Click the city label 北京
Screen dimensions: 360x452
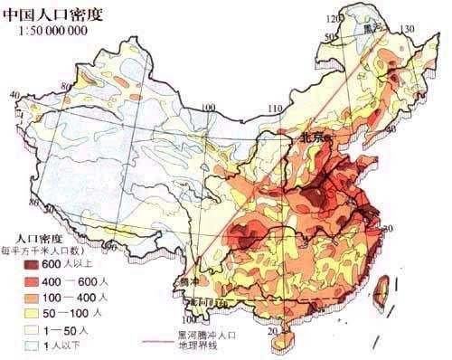pyautogui.click(x=315, y=137)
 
